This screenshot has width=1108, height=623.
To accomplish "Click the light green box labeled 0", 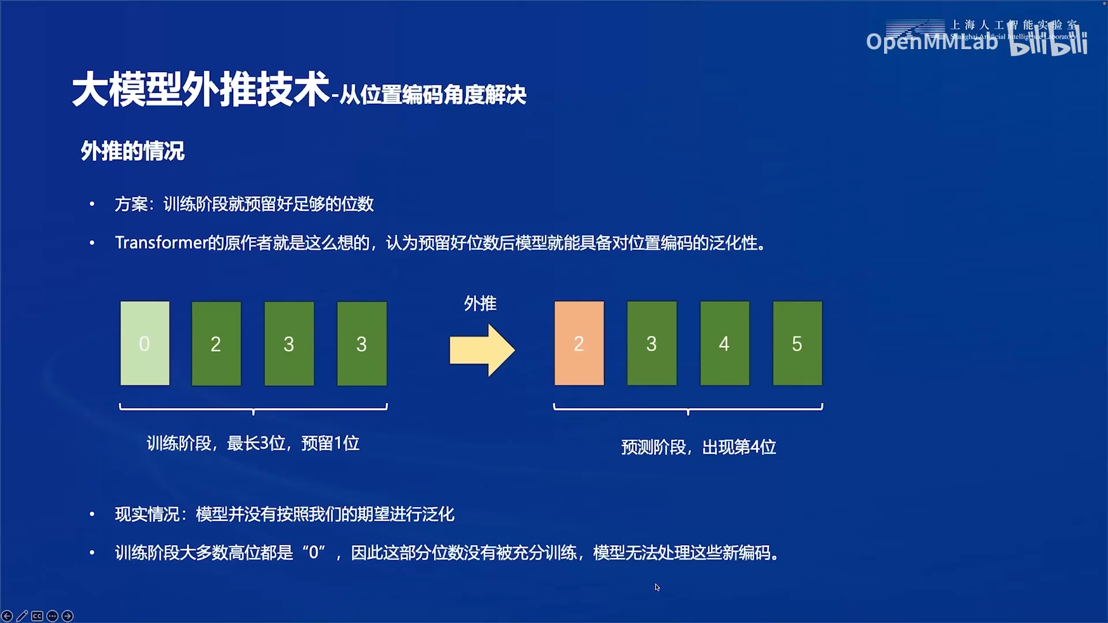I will (145, 343).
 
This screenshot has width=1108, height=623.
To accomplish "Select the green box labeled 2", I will (216, 343).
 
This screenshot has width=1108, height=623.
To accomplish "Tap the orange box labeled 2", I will (579, 343).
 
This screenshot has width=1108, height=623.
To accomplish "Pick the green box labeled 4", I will (724, 343).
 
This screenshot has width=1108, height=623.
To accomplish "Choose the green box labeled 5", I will (797, 343).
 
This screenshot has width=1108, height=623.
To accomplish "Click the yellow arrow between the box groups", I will (482, 350).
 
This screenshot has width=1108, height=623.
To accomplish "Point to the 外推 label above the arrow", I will (480, 303).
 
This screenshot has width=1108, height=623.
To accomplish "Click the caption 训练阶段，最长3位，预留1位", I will (253, 443).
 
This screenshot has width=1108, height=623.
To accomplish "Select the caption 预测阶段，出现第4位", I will (698, 447).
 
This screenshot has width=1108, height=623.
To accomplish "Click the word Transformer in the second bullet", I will (160, 243).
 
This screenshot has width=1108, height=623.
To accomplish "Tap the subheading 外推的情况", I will (132, 151).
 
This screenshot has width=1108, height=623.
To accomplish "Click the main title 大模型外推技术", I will (200, 89).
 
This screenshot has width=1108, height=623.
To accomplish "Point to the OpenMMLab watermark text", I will (931, 42).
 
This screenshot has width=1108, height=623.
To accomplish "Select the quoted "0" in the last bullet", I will (314, 553).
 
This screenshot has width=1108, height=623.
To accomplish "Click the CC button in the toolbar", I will (37, 616).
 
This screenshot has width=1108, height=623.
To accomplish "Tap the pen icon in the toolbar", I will (22, 616).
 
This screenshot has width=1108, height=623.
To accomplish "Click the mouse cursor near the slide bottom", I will (657, 587).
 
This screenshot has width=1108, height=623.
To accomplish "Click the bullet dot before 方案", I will (92, 204).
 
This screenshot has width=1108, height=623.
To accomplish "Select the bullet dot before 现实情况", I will (92, 514).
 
